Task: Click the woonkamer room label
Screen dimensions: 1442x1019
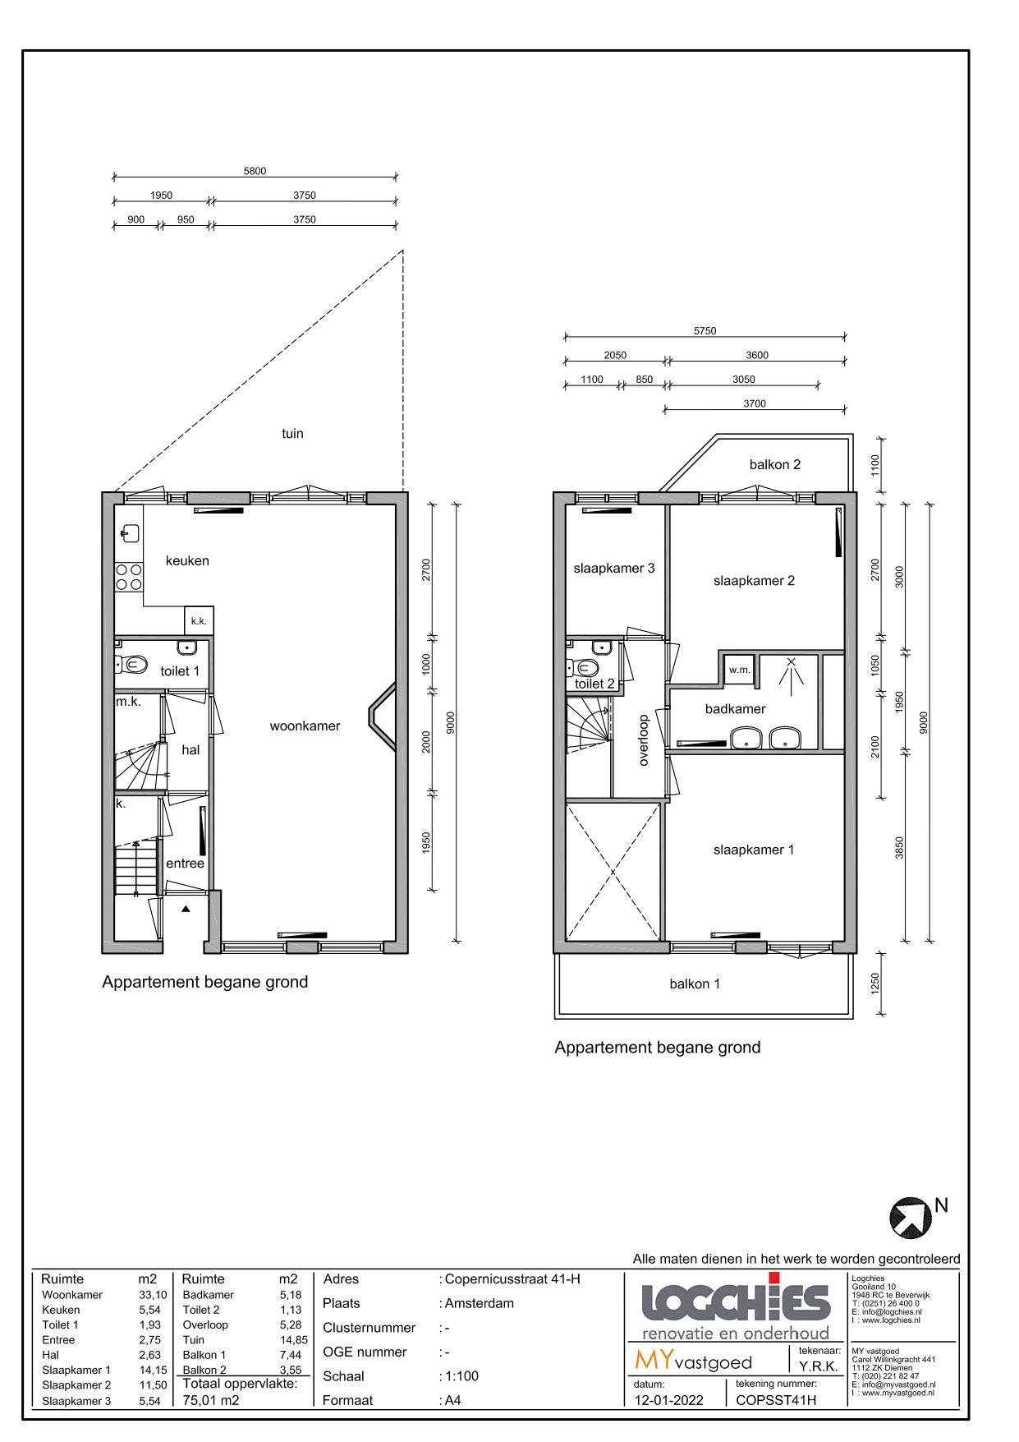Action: point(305,726)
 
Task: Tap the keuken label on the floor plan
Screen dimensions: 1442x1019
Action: point(187,560)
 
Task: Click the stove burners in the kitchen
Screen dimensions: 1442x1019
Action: point(129,577)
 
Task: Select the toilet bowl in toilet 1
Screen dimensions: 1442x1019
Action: point(135,664)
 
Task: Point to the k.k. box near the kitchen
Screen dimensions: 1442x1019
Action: point(199,621)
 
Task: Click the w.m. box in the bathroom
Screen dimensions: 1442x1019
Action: point(740,670)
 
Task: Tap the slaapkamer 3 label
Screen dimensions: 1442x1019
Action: point(614,568)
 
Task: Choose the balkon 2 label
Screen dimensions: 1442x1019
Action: point(774,464)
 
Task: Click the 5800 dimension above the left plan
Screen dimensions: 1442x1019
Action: point(255,171)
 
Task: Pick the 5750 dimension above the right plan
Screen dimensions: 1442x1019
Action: point(705,331)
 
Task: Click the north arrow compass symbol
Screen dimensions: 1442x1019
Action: point(911,1217)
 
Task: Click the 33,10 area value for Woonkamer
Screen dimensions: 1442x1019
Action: point(153,1294)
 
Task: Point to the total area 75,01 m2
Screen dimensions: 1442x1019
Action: point(211,1399)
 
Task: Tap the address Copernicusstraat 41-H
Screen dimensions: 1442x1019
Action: point(512,1278)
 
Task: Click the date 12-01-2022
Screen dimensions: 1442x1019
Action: point(668,1400)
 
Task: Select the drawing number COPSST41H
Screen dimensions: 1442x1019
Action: point(776,1400)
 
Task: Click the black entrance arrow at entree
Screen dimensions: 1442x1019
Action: point(186,909)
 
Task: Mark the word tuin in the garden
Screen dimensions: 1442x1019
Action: point(292,433)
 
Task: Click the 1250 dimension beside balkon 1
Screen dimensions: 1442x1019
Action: point(875,984)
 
